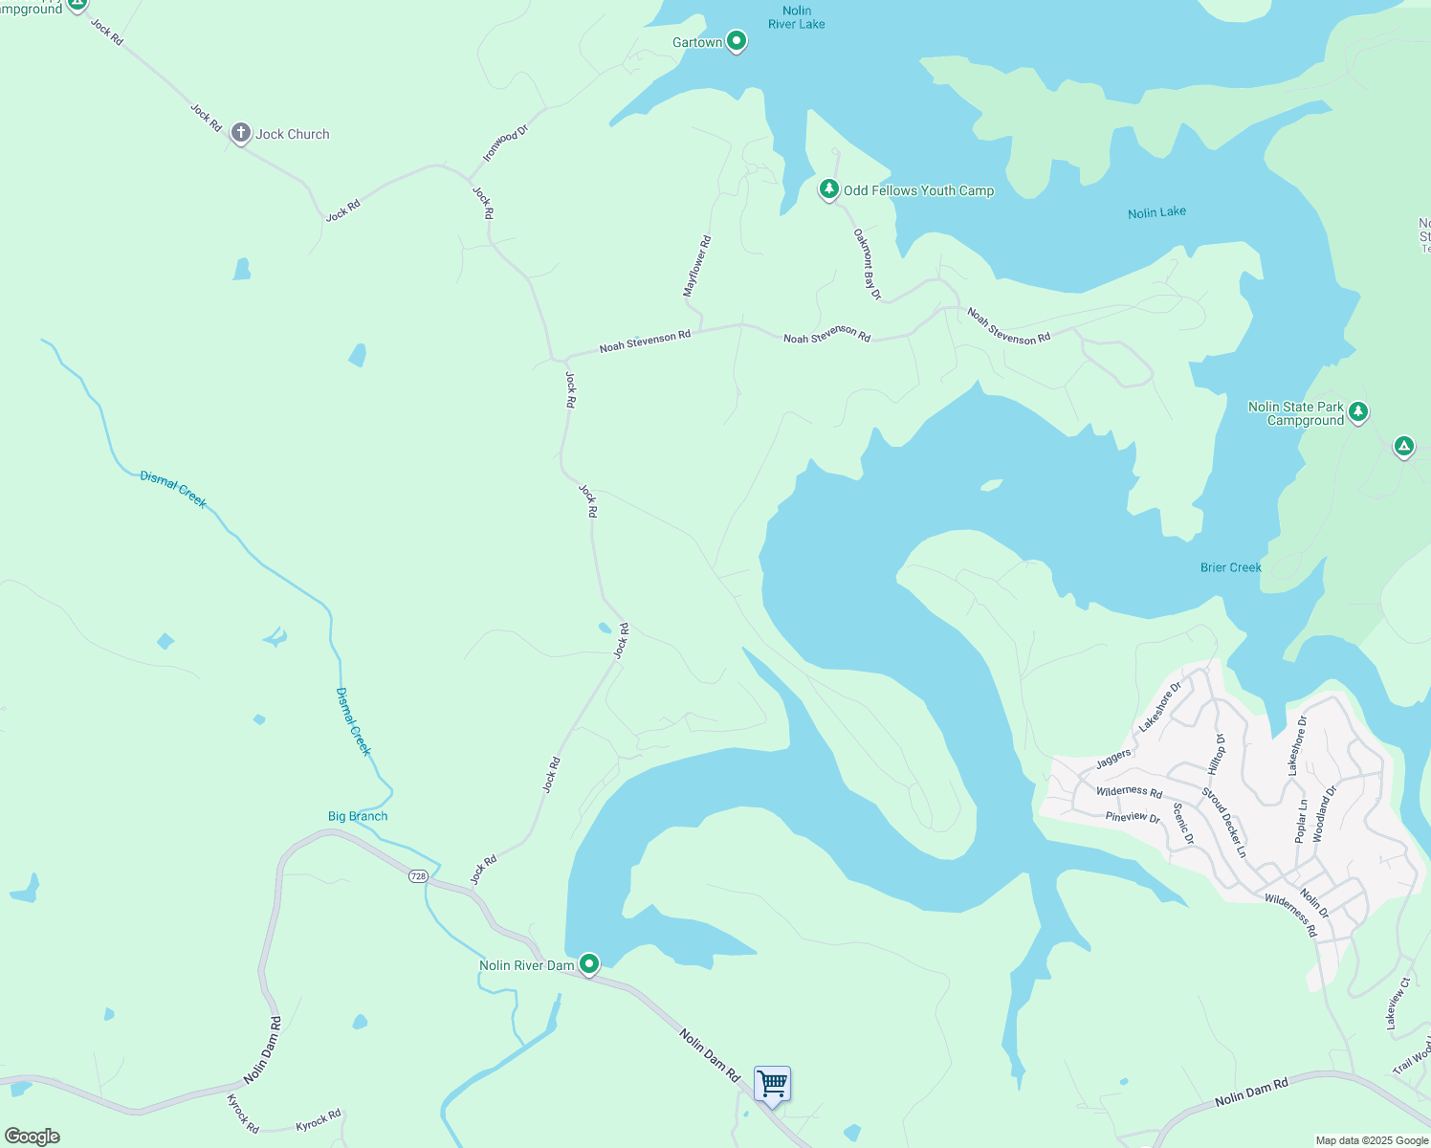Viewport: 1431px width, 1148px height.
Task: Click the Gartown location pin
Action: point(736,41)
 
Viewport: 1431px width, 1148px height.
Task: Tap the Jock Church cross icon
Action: point(241,133)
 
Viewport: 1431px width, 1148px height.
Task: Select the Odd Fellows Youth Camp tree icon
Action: point(829,188)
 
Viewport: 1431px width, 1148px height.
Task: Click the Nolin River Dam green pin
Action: point(589,963)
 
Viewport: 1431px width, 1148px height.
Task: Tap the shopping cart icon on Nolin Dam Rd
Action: point(772,1085)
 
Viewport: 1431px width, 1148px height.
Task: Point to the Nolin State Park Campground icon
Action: point(1358,412)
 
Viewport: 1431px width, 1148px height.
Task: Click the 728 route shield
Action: point(418,876)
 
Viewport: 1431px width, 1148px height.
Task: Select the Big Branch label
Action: point(358,816)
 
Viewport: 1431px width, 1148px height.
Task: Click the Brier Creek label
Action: point(1230,567)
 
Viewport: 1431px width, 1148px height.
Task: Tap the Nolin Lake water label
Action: point(1156,212)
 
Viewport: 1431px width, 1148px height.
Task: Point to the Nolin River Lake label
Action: point(796,17)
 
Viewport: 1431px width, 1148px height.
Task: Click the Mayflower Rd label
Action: point(697,266)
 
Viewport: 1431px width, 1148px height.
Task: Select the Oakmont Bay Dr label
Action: point(867,264)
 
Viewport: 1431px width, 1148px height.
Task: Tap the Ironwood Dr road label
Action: point(505,143)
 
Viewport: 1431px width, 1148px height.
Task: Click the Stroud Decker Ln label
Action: point(1224,822)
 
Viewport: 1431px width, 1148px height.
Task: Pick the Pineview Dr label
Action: point(1133,817)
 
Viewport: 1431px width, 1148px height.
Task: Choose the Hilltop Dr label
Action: point(1216,754)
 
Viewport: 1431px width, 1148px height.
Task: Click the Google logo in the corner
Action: point(32,1137)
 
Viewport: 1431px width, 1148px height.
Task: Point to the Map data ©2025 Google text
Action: point(1372,1140)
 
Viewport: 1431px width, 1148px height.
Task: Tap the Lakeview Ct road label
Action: point(1398,1004)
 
